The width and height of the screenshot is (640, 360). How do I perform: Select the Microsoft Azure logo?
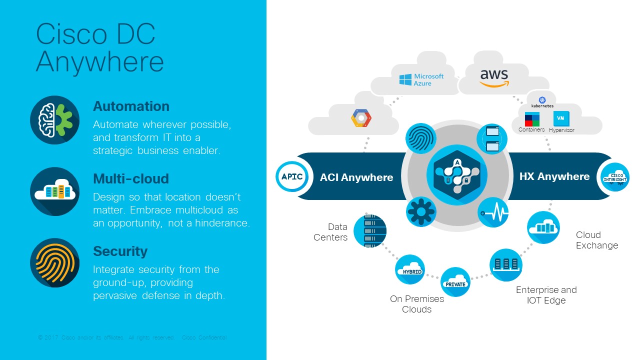[x=421, y=79]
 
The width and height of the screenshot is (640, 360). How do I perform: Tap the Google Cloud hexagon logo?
[x=361, y=118]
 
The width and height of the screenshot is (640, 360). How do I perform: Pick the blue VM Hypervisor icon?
[x=561, y=119]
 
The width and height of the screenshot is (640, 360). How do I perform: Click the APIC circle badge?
[x=292, y=176]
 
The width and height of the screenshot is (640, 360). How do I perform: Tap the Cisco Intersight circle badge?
[x=614, y=177]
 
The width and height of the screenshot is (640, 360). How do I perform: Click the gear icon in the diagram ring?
[x=421, y=212]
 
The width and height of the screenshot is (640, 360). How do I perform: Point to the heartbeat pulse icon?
[x=493, y=212]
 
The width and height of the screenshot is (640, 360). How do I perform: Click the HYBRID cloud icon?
[x=410, y=270]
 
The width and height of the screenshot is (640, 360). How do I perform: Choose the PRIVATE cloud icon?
[x=455, y=282]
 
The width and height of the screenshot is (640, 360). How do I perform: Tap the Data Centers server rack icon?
[x=370, y=231]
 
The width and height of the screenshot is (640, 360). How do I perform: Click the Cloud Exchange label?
[x=596, y=240]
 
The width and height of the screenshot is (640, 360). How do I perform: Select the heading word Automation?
[x=131, y=106]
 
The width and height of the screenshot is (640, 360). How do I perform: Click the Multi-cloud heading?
[x=131, y=179]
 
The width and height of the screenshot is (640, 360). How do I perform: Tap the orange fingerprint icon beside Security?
[x=55, y=262]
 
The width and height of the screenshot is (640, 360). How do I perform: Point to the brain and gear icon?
[x=55, y=120]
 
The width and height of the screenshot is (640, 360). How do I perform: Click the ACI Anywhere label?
[x=356, y=177]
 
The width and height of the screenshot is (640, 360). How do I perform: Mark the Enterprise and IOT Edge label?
[x=546, y=295]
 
